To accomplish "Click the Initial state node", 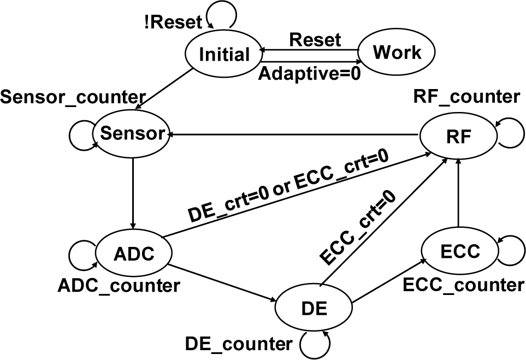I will pyautogui.click(x=224, y=55).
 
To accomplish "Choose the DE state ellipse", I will pyautogui.click(x=314, y=308).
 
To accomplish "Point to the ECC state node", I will pyautogui.click(x=460, y=251).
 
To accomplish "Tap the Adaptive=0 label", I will pyautogui.click(x=309, y=73).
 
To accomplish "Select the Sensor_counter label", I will pyautogui.click(x=73, y=98).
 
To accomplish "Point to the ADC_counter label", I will pyautogui.click(x=118, y=285).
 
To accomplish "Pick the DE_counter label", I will pyautogui.click(x=239, y=344).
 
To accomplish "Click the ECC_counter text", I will pyautogui.click(x=462, y=285).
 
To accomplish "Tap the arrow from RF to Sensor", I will pyautogui.click(x=295, y=134).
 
